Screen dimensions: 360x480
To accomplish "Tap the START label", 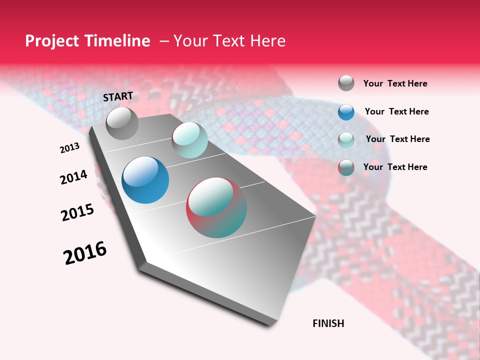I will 118,96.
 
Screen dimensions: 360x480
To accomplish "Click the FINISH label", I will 328,323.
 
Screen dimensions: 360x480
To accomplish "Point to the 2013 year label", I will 69,148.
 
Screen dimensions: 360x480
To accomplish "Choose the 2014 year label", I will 73,177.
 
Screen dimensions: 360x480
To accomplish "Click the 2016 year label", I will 85,253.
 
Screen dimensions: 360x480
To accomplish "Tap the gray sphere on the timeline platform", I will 122,123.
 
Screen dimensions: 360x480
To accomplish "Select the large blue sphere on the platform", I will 145,180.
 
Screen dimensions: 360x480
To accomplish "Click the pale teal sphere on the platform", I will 189,140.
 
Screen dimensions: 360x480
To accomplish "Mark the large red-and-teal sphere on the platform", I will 216,207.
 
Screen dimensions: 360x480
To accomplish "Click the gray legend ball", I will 346,83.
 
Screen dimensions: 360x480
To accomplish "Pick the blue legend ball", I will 346,112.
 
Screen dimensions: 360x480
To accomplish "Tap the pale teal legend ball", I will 346,139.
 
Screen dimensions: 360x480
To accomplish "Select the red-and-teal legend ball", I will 346,167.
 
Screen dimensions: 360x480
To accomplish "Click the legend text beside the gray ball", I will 395,83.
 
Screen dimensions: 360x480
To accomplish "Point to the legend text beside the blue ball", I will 396,111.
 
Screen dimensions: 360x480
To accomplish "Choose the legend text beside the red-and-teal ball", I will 395,167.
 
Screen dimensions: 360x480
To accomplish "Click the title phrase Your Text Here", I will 229,41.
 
